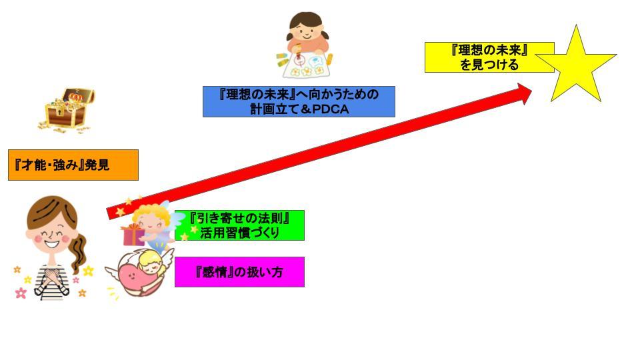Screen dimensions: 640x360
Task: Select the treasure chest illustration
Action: coord(67,110)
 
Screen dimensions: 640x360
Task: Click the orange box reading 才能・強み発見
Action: coord(73,165)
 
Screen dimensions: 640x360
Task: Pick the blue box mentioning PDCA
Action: coord(299,101)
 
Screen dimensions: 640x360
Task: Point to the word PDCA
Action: coord(331,109)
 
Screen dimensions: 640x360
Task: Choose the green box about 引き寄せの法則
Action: coord(239,225)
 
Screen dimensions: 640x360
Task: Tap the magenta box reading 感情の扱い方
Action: coord(239,272)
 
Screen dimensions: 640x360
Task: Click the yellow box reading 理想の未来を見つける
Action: coord(489,57)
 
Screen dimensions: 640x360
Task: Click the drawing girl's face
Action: coord(307,32)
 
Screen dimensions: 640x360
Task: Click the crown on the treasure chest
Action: coord(75,97)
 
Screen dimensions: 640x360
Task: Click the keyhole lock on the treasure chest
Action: coord(59,111)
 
